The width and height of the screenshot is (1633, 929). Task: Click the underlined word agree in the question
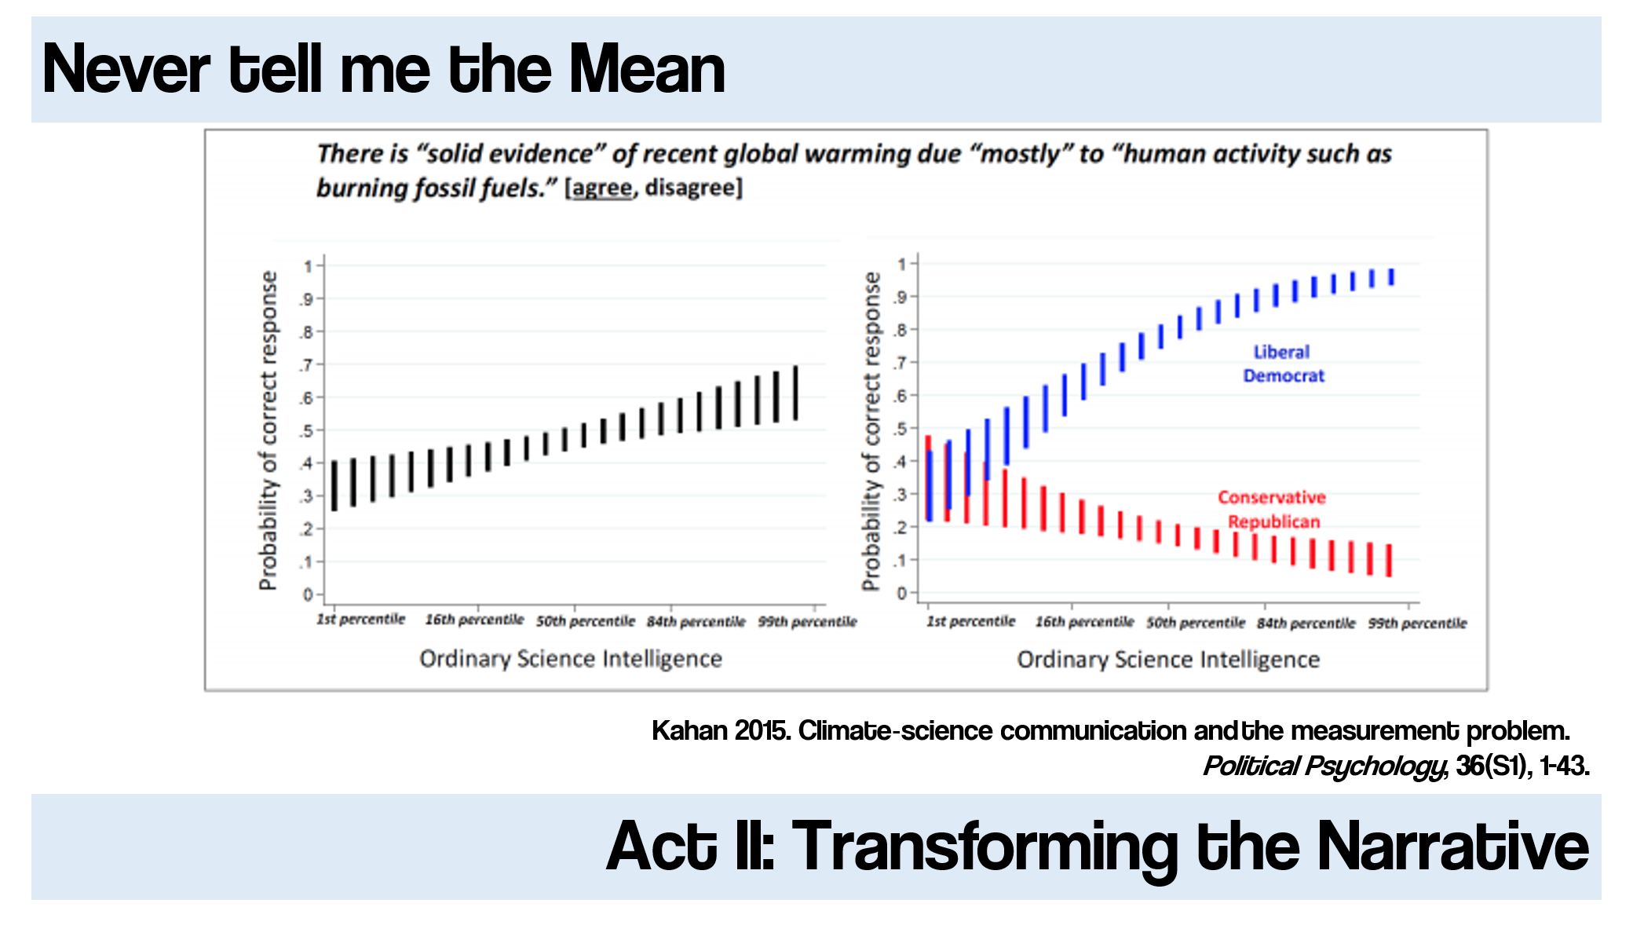(x=602, y=188)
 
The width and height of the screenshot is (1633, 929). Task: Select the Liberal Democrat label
(x=1283, y=364)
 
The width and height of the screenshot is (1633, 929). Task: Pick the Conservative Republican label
(x=1272, y=509)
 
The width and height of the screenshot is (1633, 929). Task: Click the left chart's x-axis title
(x=571, y=658)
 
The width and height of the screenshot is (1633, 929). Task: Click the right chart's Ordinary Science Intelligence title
(x=1168, y=659)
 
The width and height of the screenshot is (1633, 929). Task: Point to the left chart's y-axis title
(x=269, y=430)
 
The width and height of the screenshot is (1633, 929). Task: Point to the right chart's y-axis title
(x=871, y=430)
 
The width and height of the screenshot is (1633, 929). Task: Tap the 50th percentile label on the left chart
(x=586, y=621)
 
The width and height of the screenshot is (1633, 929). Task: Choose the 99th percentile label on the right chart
(x=1417, y=623)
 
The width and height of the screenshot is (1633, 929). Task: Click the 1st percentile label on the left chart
(x=360, y=620)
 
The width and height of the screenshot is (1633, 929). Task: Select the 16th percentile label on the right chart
(x=1084, y=622)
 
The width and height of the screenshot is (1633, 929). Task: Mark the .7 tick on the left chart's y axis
(x=307, y=365)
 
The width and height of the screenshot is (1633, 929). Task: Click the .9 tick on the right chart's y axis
(x=901, y=297)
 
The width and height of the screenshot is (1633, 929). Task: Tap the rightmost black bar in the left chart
(x=796, y=393)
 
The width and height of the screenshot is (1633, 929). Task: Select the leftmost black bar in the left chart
(x=334, y=485)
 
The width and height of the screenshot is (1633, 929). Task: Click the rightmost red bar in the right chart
(x=1389, y=561)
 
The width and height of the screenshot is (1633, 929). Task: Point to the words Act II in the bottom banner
(x=691, y=847)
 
